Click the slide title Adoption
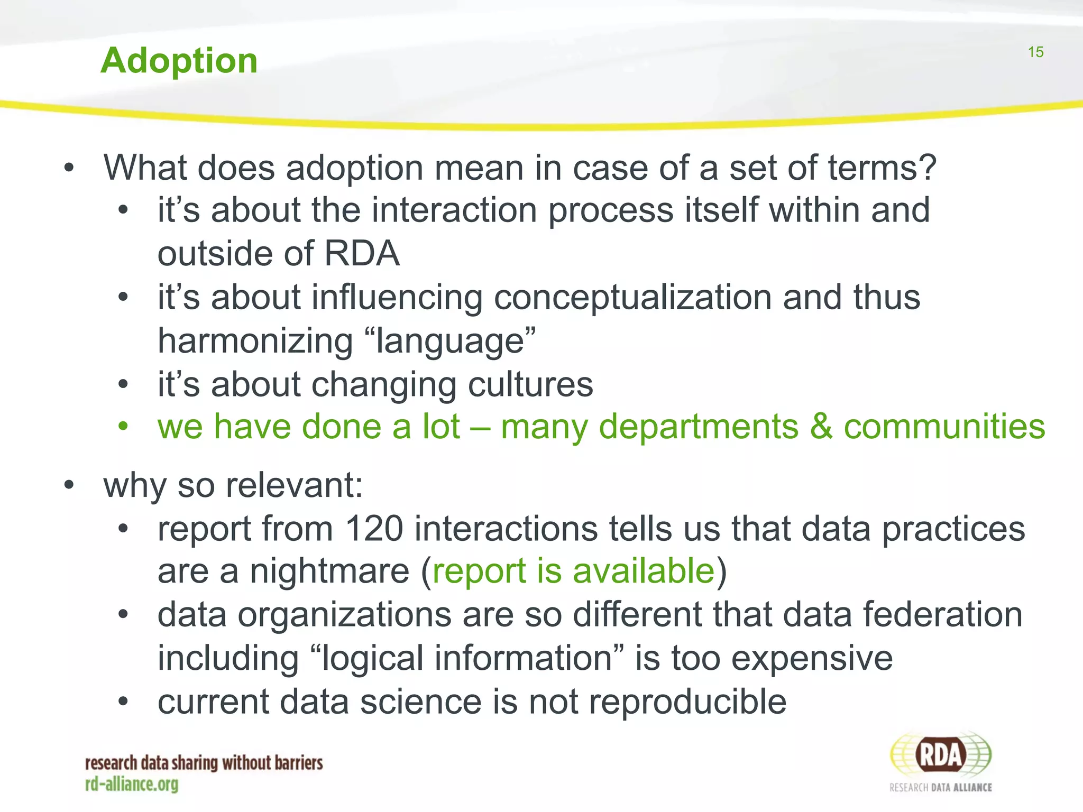[x=179, y=61]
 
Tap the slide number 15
[x=1035, y=52]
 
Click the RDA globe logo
[x=940, y=755]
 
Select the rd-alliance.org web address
[x=132, y=785]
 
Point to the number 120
[x=374, y=528]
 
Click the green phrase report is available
[x=574, y=571]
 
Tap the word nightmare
[x=329, y=571]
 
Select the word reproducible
[x=687, y=702]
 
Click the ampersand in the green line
[x=821, y=427]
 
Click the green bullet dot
[x=123, y=426]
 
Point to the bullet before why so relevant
[x=69, y=485]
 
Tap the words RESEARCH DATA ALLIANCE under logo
[x=940, y=788]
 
